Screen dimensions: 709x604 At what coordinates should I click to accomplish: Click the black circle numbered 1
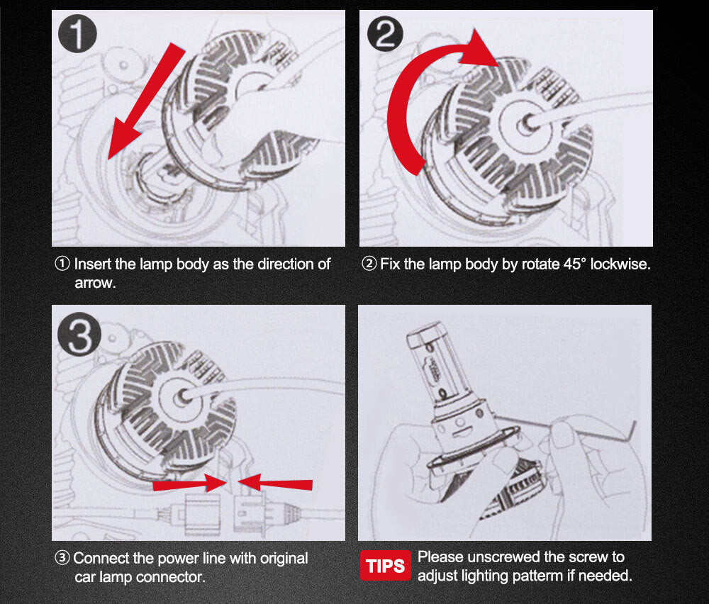click(77, 34)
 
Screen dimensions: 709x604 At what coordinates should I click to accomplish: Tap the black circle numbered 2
click(385, 34)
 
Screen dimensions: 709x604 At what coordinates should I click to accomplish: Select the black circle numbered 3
click(79, 334)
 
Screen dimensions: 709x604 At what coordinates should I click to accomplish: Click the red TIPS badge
click(385, 566)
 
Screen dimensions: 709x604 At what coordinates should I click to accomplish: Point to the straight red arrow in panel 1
click(145, 101)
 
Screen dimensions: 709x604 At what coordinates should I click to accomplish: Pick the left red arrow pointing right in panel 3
click(190, 483)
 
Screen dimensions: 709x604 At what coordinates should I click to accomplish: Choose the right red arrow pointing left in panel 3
click(275, 483)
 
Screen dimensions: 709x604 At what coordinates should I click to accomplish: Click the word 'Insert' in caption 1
click(92, 264)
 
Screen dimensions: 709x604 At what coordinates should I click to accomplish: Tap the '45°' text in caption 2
click(575, 264)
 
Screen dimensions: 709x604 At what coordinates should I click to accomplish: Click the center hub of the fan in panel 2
click(525, 123)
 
